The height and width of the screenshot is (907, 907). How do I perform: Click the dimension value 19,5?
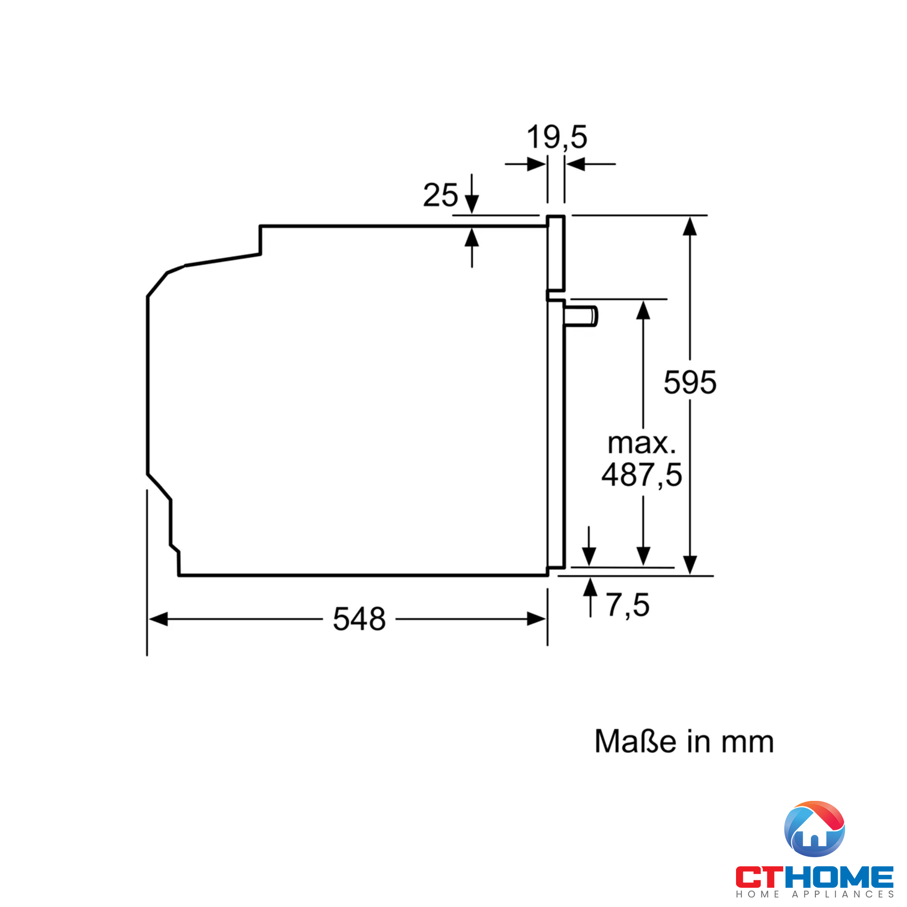coord(557,137)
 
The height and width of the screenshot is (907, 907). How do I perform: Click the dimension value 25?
coord(440,195)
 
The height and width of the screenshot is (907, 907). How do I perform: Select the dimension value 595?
coord(690,382)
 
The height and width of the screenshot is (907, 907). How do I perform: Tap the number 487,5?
coord(642,475)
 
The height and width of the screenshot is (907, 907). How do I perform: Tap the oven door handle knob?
coord(582,316)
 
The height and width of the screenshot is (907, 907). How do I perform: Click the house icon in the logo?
coord(814,830)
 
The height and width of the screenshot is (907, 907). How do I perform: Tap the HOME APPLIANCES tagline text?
coord(814,895)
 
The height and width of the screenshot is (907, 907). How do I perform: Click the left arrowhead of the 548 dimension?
coord(158,619)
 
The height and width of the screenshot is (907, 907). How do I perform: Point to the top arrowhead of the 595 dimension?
coord(690,226)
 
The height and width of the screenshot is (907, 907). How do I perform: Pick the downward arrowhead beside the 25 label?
coord(472,204)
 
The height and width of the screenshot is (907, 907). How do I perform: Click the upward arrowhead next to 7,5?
coord(590,588)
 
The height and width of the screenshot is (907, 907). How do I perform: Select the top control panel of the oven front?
coord(556,254)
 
